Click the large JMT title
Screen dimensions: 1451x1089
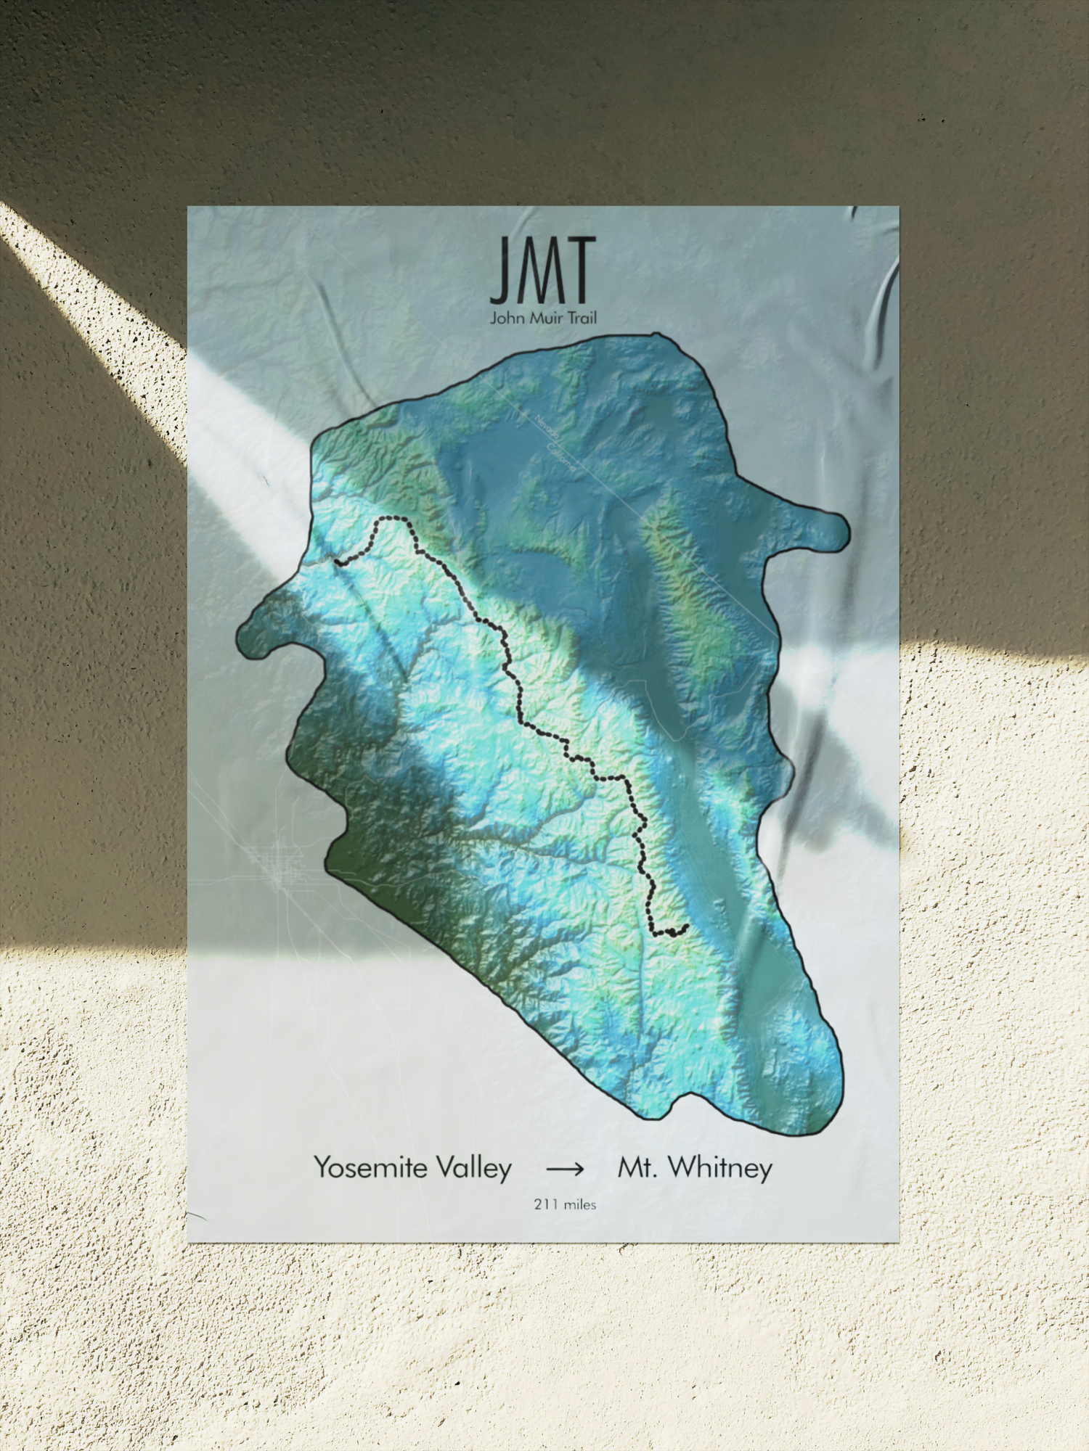[543, 270]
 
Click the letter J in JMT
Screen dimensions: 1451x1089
[499, 270]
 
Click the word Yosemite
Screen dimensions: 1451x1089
[371, 1167]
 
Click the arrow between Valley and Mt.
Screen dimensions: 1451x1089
[565, 1169]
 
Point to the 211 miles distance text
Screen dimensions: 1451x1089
[565, 1204]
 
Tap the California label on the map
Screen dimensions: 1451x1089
[560, 459]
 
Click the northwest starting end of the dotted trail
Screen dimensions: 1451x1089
[337, 561]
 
